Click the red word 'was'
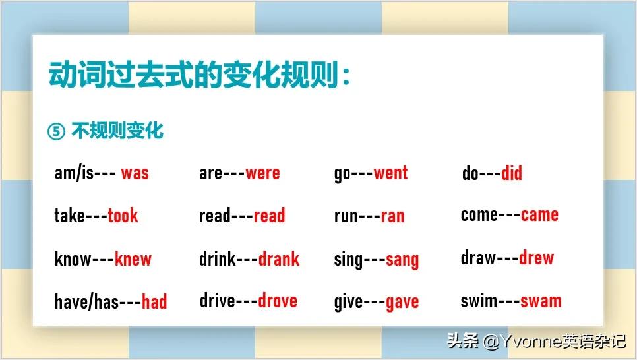pyautogui.click(x=135, y=174)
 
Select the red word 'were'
pyautogui.click(x=262, y=174)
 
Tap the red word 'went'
pyautogui.click(x=390, y=173)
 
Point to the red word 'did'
pyautogui.click(x=512, y=173)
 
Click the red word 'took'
pyautogui.click(x=123, y=216)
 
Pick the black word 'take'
pyautogui.click(x=69, y=216)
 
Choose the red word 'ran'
pyautogui.click(x=392, y=216)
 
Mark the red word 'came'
pyautogui.click(x=539, y=215)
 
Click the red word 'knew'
pyautogui.click(x=133, y=259)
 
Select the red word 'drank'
pyautogui.click(x=279, y=259)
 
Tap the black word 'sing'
pyautogui.click(x=349, y=260)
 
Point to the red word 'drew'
pyautogui.click(x=536, y=258)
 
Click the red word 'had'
pyautogui.click(x=154, y=302)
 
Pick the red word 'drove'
pyautogui.click(x=278, y=301)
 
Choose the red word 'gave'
pyautogui.click(x=402, y=303)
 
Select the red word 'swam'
pyautogui.click(x=541, y=301)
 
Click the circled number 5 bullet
pyautogui.click(x=56, y=132)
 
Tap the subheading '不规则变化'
pyautogui.click(x=117, y=131)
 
